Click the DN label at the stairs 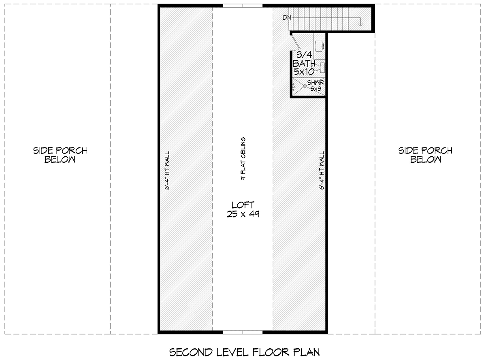287,18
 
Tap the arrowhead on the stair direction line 360,23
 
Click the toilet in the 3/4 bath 321,68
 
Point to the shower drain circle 305,86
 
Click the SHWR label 315,83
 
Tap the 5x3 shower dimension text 316,89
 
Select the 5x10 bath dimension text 304,71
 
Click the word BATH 304,64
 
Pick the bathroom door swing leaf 296,42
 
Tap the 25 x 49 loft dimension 243,214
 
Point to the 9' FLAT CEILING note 243,159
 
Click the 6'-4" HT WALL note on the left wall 167,170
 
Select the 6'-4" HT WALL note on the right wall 322,170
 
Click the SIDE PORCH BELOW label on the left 60,155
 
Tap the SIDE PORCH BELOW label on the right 425,155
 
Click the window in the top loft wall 243,6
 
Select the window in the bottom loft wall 243,332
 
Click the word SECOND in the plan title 191,352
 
